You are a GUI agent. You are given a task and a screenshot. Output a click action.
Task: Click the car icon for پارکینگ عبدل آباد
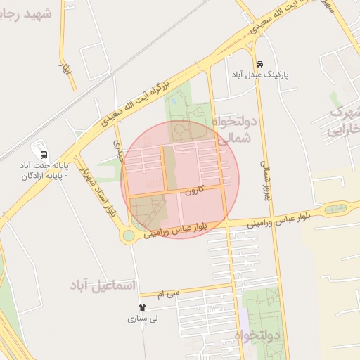point(260,63)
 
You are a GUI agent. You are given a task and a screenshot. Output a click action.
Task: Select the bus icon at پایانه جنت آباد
point(44,154)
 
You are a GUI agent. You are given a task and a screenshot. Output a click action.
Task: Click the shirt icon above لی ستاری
point(142,307)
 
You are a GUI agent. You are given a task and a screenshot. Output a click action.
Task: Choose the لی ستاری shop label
point(142,319)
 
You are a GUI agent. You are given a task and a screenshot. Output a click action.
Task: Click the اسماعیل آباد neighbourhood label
point(103,285)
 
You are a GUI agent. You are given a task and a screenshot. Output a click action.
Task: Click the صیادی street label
point(118,147)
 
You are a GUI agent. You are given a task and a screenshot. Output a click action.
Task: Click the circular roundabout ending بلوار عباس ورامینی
point(128,236)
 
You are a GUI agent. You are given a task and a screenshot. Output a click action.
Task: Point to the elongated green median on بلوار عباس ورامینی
point(336,209)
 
